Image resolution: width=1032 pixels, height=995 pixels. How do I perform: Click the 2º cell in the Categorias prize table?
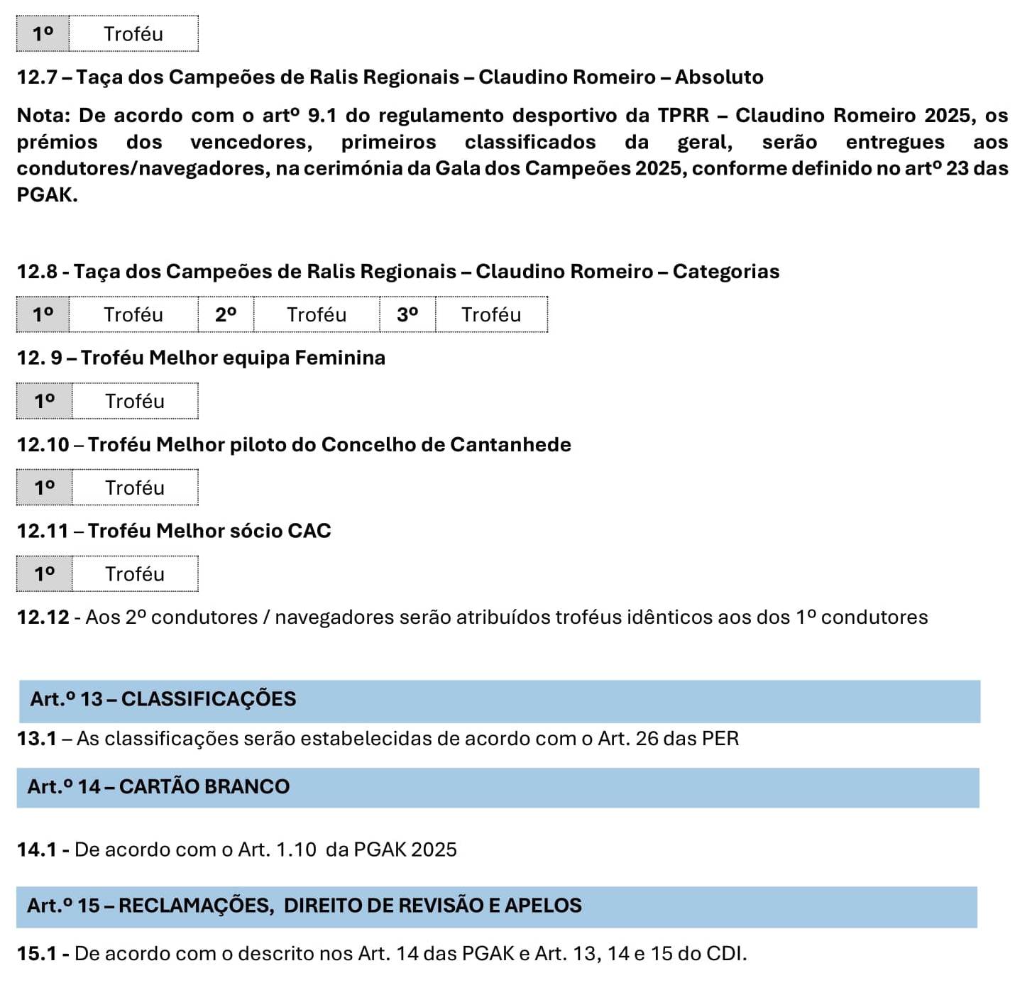[x=226, y=314]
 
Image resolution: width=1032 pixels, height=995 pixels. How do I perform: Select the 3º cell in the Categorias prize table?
[x=407, y=314]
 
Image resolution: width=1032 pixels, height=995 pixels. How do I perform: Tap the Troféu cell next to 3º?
[x=491, y=314]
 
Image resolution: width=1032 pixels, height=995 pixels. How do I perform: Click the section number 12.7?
[x=37, y=77]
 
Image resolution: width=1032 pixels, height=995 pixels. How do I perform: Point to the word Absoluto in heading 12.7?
[x=719, y=77]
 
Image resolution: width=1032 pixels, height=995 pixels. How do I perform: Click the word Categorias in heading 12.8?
[x=725, y=271]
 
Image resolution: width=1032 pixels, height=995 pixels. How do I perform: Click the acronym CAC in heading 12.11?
[x=309, y=531]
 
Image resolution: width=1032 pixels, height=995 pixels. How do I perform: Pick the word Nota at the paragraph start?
[x=43, y=115]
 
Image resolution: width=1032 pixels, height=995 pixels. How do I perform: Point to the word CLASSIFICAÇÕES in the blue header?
[x=209, y=699]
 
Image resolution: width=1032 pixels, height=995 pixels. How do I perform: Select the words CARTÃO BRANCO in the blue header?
[x=204, y=786]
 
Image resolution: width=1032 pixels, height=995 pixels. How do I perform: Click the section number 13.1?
[x=37, y=739]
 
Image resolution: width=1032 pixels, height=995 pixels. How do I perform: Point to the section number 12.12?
[x=43, y=617]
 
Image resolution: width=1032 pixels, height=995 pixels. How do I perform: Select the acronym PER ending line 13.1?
[x=720, y=739]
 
